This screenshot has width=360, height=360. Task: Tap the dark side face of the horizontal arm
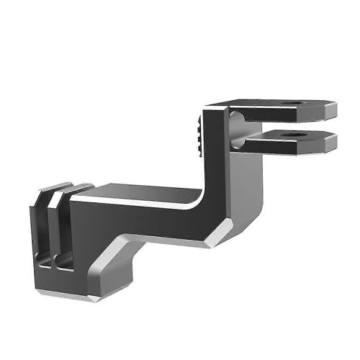click(x=144, y=223)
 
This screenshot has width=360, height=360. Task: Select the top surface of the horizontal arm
click(x=144, y=190)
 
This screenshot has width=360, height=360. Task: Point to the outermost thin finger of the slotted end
click(x=37, y=238)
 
